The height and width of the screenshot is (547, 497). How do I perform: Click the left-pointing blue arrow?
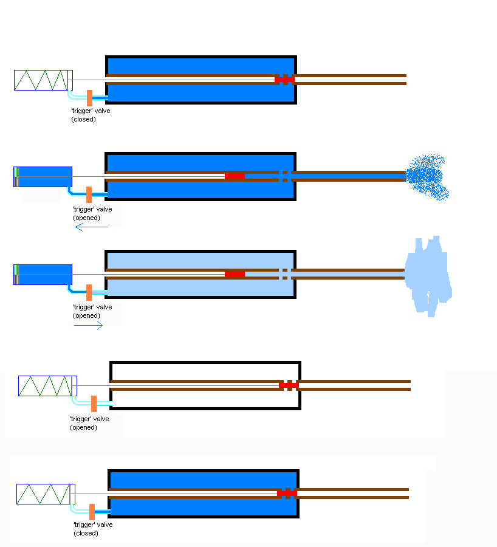91,227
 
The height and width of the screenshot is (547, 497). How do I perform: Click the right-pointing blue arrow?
88,326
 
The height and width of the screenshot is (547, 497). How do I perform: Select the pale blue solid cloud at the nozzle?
428,277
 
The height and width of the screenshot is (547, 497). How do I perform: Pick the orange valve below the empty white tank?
94,404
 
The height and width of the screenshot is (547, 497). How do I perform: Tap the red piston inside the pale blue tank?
235,274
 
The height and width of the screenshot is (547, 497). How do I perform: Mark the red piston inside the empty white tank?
289,385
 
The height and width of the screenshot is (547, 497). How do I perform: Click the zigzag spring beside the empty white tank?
45,386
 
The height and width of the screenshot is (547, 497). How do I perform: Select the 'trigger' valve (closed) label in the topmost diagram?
91,115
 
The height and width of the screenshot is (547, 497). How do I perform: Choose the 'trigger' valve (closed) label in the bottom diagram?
93,529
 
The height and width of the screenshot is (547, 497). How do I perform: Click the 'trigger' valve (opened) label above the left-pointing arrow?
92,213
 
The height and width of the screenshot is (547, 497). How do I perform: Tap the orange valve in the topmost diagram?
89,98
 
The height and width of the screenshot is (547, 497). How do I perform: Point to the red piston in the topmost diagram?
284,80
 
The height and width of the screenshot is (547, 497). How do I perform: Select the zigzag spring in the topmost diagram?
41,80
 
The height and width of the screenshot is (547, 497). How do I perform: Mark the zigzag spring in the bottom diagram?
43,494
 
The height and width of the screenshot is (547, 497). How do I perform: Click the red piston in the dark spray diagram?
235,176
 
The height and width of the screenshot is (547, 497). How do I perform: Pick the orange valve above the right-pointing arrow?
89,292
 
